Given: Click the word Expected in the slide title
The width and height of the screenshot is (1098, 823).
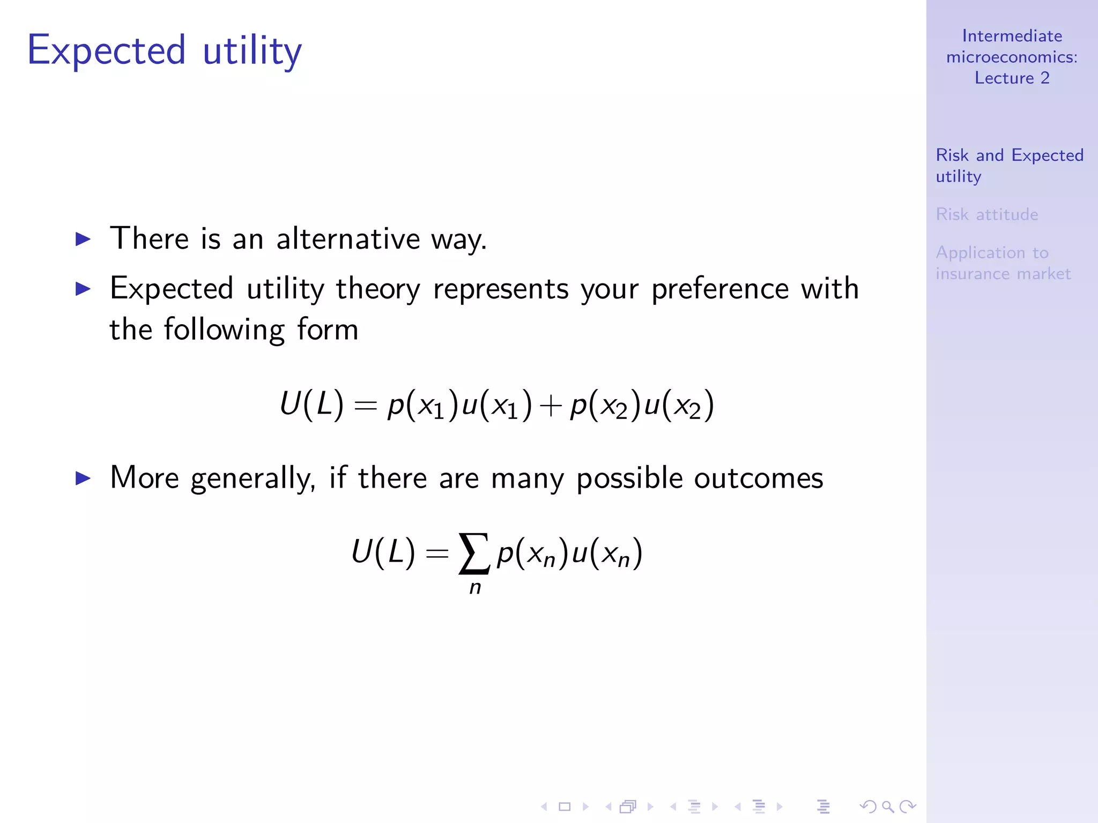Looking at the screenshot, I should click(107, 51).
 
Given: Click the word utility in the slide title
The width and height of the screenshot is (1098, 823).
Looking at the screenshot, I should click(252, 51).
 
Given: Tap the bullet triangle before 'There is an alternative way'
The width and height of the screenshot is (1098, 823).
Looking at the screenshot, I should click(83, 239).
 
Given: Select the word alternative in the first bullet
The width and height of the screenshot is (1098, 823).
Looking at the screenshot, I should click(348, 238).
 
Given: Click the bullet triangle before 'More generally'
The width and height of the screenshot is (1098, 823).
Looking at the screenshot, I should click(83, 478).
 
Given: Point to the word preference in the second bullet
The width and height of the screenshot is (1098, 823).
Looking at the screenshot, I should click(719, 289).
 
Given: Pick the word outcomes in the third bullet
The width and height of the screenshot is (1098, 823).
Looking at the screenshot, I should click(758, 478).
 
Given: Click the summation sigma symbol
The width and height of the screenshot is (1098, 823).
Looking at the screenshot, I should click(474, 553).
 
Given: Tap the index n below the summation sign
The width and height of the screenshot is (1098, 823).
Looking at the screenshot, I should click(475, 588).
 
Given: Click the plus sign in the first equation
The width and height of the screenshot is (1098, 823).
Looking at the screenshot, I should click(551, 406).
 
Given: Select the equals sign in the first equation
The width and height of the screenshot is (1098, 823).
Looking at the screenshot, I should click(366, 406).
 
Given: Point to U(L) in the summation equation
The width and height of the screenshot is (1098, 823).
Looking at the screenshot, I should click(383, 552).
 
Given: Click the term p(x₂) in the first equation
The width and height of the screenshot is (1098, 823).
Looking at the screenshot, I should click(605, 405).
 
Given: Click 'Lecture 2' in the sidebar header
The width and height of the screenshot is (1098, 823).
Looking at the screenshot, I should click(1012, 78).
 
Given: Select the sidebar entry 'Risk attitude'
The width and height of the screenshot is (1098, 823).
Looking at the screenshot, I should click(986, 214).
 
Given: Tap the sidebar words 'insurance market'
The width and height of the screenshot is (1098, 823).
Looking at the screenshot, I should click(1003, 274).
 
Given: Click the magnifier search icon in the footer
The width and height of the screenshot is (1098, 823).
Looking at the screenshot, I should click(888, 806).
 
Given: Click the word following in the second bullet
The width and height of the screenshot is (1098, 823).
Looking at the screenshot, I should click(224, 330).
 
